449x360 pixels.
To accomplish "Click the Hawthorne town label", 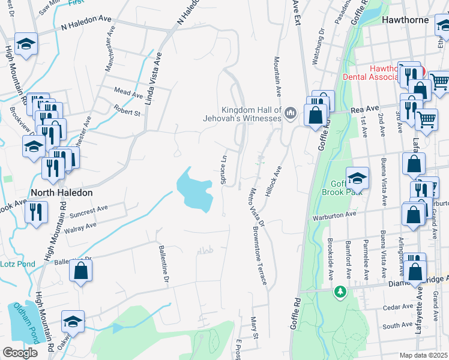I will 406,20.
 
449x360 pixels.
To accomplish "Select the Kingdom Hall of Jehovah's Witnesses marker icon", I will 291,113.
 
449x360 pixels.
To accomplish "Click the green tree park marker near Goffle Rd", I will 340,292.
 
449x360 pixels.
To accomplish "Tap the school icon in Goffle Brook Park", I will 357,178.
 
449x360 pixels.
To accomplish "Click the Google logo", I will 20,353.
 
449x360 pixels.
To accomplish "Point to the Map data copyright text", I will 424,356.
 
